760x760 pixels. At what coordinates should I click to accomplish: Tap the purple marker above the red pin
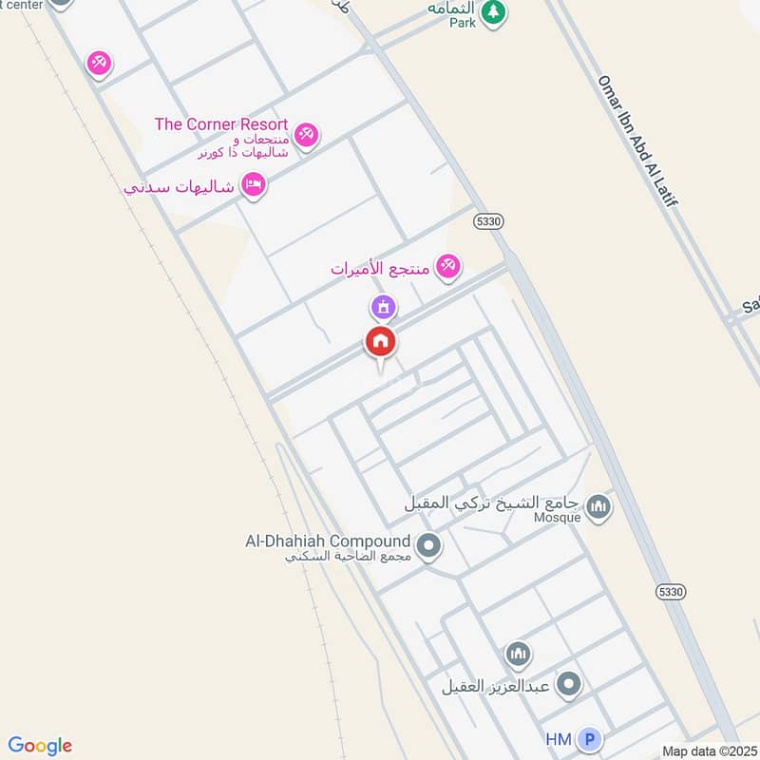(383, 307)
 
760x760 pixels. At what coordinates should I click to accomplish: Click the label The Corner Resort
(220, 124)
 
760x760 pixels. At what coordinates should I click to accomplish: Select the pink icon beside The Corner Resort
(306, 135)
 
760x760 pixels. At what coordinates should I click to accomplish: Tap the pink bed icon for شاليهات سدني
(253, 183)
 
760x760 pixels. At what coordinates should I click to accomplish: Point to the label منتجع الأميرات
(380, 269)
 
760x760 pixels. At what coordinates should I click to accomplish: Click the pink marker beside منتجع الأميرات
(448, 267)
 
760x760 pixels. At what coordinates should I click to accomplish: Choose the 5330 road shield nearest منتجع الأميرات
(487, 220)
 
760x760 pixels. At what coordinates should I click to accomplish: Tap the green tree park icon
(492, 12)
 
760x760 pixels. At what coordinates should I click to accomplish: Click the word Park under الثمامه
(463, 23)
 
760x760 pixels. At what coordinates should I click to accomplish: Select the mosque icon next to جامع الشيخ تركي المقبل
(598, 505)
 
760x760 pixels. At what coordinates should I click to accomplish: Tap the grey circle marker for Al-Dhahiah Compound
(429, 545)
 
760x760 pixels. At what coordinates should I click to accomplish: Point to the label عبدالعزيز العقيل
(495, 685)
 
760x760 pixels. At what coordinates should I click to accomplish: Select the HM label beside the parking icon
(558, 739)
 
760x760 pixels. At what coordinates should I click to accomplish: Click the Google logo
(40, 746)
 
